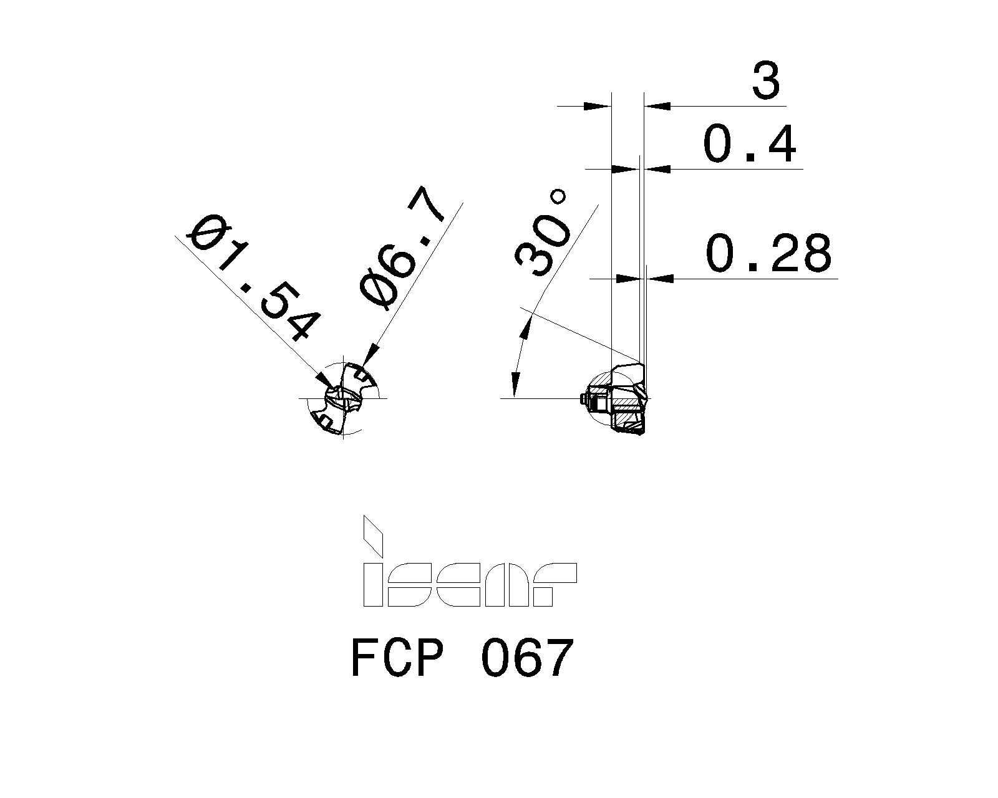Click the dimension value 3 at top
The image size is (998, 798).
click(x=765, y=82)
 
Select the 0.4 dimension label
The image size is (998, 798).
click(x=749, y=145)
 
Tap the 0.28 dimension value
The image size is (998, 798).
click(x=768, y=254)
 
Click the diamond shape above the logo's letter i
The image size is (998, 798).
click(x=373, y=535)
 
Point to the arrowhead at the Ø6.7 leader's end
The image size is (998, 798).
click(x=367, y=357)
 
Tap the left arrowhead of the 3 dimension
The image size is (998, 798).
click(x=597, y=106)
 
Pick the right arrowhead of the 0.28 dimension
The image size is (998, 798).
click(x=661, y=278)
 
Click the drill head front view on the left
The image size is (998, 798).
click(x=344, y=398)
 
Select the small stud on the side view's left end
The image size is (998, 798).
click(x=581, y=399)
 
